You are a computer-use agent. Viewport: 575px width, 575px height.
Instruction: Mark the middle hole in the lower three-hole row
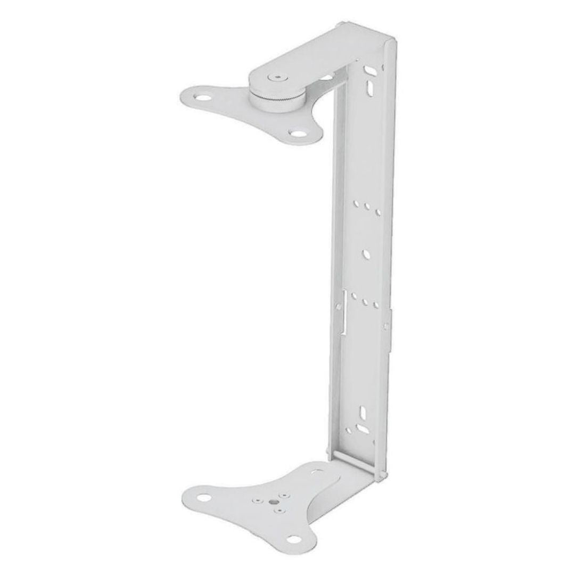coord(366,302)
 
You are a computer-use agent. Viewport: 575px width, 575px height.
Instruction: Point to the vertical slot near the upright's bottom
coord(363,412)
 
